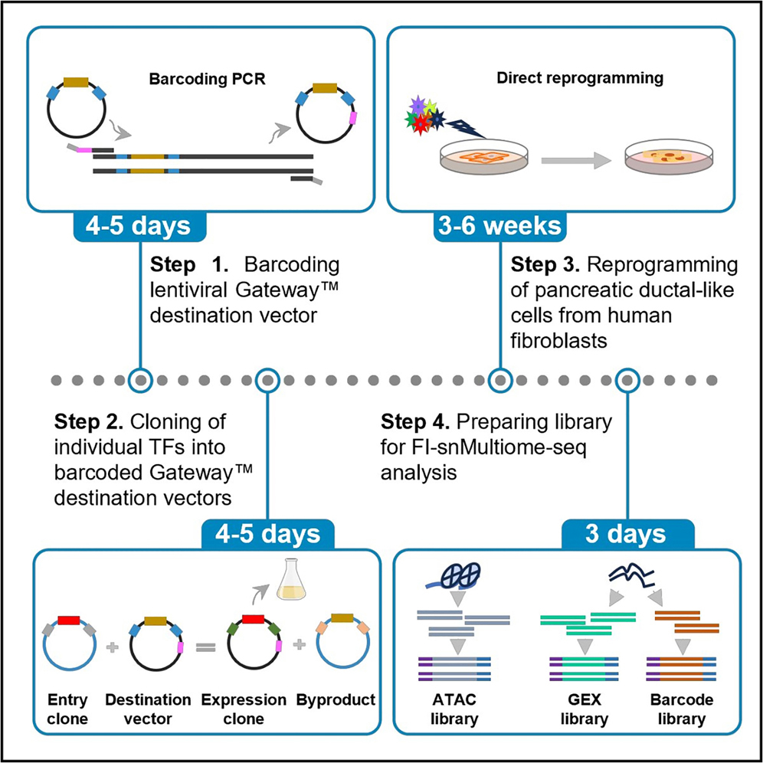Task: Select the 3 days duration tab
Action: click(x=628, y=534)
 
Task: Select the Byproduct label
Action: click(x=342, y=699)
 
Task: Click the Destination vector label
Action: click(x=148, y=709)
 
